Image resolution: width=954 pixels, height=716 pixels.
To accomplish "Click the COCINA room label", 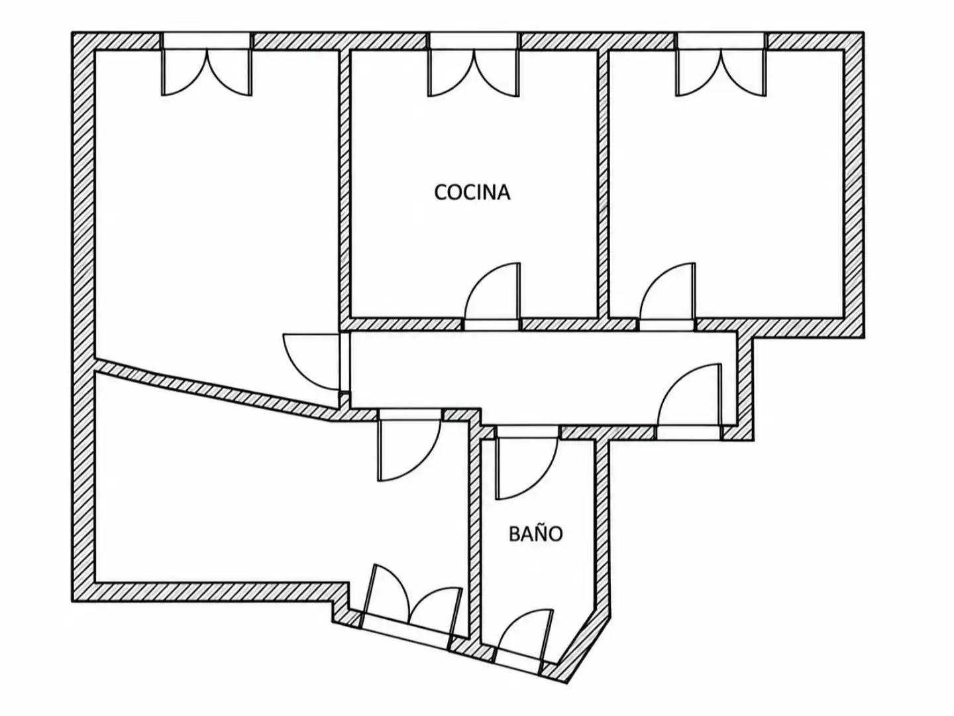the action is pos(472,192).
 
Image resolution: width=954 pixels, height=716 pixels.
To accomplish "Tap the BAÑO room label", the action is pos(535,534).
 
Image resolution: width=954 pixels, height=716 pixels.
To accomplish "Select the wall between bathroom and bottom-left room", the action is pos(475,535).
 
